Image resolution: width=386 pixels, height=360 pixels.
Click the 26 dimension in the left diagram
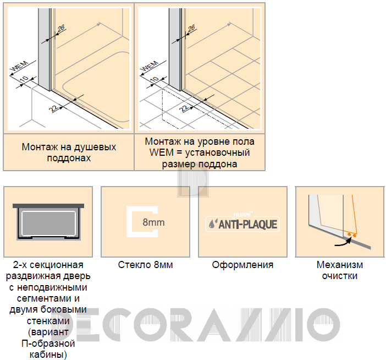coord(61,28)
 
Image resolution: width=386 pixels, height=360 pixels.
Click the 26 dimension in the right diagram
coord(191,28)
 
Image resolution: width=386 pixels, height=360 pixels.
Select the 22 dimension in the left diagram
coord(54,108)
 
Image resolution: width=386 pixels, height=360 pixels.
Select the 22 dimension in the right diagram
coord(184,108)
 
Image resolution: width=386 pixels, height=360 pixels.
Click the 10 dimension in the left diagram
coord(24,79)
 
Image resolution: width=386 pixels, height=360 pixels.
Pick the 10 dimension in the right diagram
coord(155,79)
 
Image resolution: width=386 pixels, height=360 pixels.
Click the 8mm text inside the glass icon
coord(153,222)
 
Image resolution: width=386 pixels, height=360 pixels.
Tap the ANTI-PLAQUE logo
coord(242,224)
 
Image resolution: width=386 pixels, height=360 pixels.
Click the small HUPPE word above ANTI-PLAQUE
coord(242,214)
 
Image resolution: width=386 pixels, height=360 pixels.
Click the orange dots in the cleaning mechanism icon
coord(352,235)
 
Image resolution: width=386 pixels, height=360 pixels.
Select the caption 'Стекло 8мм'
coord(146,265)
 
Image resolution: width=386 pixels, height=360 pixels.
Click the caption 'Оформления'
coord(242,265)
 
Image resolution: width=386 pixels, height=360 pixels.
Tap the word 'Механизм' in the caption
coord(340,265)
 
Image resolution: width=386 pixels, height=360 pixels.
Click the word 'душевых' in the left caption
coord(95,147)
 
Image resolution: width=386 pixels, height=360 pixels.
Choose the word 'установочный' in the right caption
coord(217,153)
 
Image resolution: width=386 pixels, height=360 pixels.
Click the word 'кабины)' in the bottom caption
coord(48,354)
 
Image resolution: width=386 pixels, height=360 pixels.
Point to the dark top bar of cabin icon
coord(48,206)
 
